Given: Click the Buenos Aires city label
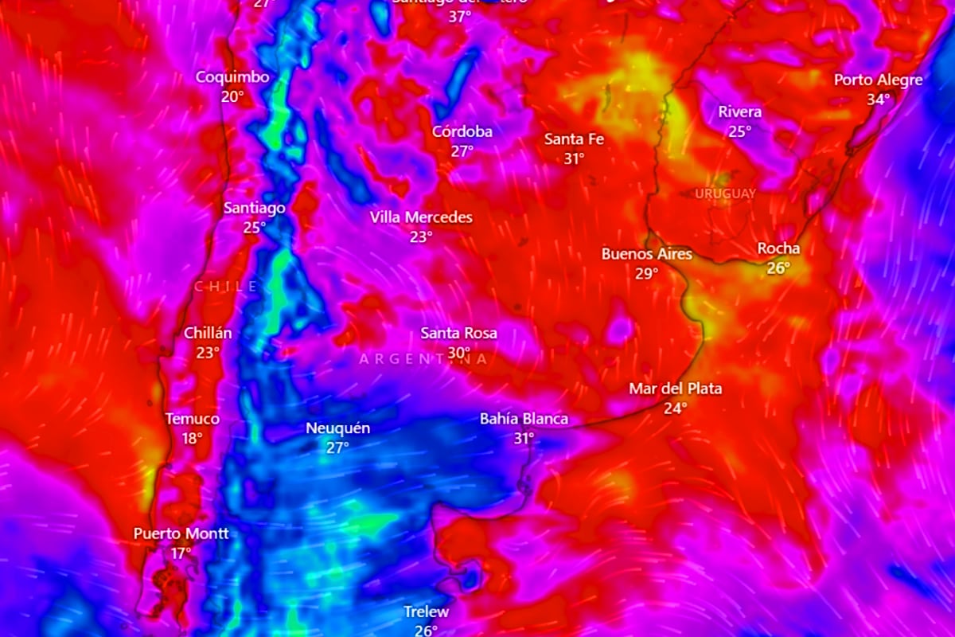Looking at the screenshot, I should pos(646,254).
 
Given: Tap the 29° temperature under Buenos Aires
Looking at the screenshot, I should pos(646,274).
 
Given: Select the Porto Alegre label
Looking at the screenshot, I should pos(878,80).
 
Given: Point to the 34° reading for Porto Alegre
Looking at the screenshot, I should pos(879,100).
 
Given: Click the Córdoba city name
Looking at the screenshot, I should pos(462,131).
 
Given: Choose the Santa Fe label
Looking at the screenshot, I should pos(574,139).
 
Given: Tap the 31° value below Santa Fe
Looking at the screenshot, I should pos(574,158).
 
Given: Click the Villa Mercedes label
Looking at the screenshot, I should pos(421,217).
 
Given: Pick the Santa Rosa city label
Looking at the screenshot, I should pos(458,333).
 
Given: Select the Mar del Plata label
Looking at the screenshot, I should pos(675,389).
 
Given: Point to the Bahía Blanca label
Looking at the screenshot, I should pos(524,419).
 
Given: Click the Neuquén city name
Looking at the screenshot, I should pos(337,428).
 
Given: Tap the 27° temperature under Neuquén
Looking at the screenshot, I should pos(337,447).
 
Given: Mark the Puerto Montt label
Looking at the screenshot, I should pos(181,533).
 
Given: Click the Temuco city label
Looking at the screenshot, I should pos(192,419).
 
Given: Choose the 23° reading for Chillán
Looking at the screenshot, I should pos(208,353).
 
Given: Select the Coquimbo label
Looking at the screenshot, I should pos(232,77).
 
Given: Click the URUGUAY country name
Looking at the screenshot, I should pos(725,193).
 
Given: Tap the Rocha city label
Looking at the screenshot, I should pos(778,248).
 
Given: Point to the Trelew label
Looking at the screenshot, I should pos(426,612).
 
